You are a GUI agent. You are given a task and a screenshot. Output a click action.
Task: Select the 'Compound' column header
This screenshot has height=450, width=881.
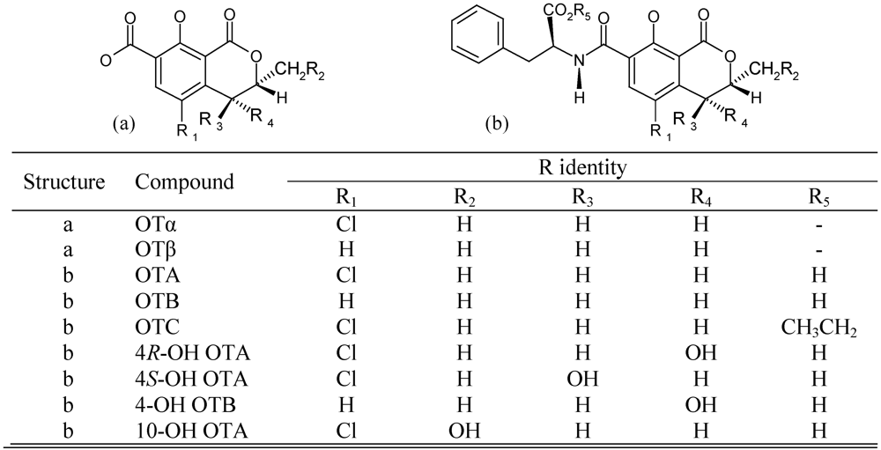(x=184, y=181)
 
